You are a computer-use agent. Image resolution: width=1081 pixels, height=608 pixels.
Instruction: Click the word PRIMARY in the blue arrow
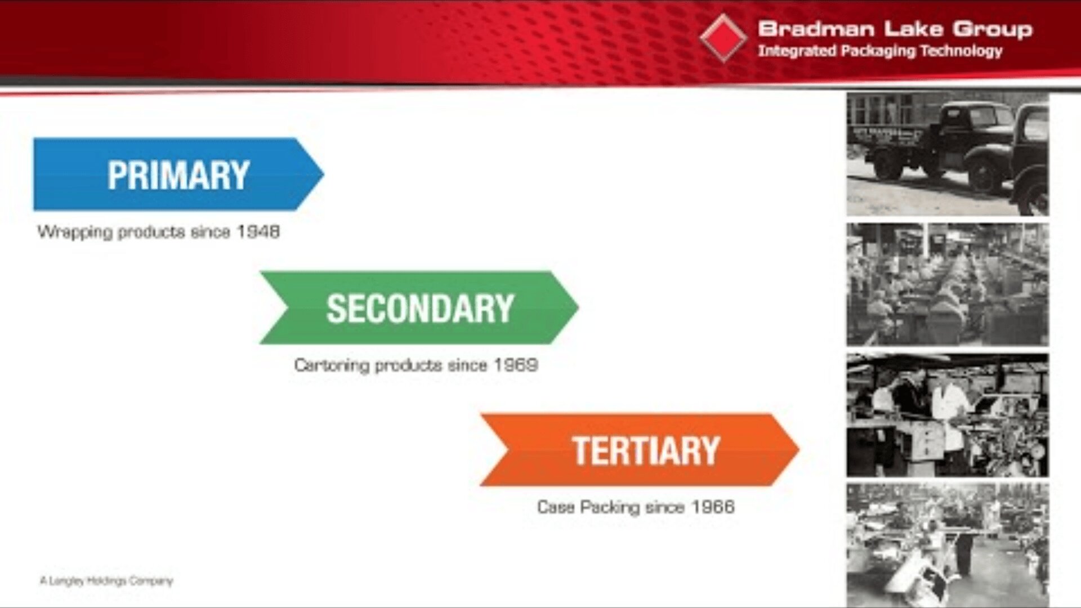click(x=178, y=175)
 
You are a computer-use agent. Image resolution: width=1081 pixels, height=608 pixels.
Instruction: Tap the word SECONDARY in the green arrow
click(x=419, y=309)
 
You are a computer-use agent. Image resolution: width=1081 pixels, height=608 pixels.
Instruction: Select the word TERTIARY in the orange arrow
click(x=646, y=450)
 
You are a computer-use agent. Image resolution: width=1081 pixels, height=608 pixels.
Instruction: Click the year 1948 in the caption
click(x=258, y=232)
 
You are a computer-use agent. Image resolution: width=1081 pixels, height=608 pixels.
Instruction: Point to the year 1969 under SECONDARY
click(x=516, y=365)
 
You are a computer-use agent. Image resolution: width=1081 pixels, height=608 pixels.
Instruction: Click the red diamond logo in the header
click(x=723, y=38)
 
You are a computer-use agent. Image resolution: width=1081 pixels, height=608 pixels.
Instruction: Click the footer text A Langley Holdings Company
click(x=106, y=580)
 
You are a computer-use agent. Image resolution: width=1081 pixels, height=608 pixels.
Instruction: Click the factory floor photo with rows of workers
click(x=948, y=284)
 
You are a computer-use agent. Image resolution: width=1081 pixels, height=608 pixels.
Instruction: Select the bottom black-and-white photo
click(x=948, y=544)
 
